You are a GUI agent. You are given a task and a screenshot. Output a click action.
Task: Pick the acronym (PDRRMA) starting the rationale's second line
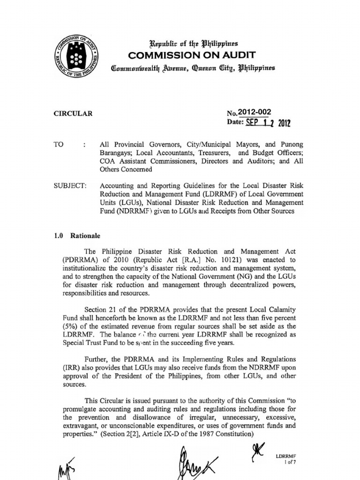[80, 259]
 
